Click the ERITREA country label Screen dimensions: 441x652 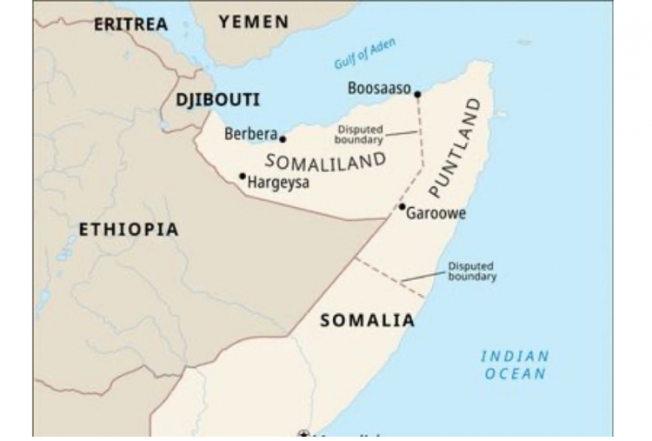(130, 24)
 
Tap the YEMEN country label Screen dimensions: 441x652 (254, 23)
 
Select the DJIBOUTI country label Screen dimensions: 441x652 (218, 100)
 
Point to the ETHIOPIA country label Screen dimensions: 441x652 (129, 230)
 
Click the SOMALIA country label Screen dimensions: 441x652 (368, 320)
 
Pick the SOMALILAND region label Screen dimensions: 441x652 (325, 162)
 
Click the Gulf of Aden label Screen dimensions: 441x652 (363, 54)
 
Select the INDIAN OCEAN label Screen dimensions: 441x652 (516, 364)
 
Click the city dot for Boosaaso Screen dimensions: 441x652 (417, 94)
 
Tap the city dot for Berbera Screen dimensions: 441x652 (283, 138)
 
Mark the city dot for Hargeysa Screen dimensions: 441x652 (243, 176)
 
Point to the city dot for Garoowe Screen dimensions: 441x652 (402, 206)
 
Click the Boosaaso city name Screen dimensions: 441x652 (378, 89)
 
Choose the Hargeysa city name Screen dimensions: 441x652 (278, 183)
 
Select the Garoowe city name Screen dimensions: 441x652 (436, 214)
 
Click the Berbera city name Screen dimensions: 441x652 (250, 135)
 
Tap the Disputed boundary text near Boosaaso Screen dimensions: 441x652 (359, 134)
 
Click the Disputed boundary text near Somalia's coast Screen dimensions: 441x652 (472, 271)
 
